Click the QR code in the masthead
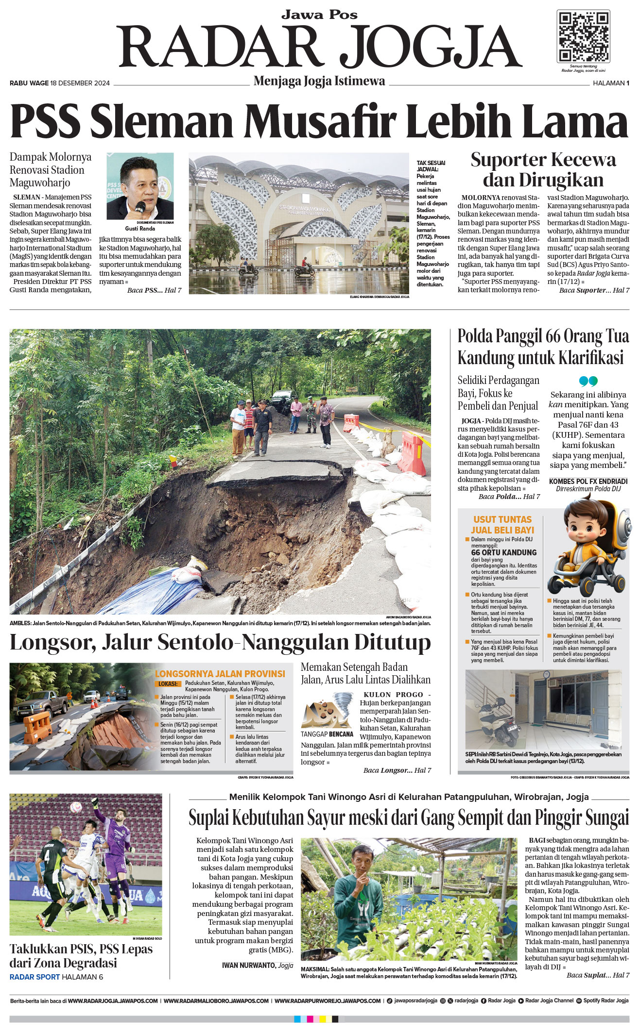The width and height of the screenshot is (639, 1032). pyautogui.click(x=583, y=37)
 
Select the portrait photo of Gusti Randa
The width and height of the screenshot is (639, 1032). pyautogui.click(x=140, y=186)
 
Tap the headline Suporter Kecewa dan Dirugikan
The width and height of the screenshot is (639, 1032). pyautogui.click(x=543, y=169)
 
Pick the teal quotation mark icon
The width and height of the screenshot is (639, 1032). pyautogui.click(x=588, y=381)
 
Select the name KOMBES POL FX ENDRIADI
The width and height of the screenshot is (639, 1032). pyautogui.click(x=588, y=481)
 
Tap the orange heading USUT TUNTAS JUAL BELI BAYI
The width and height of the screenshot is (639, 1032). pyautogui.click(x=502, y=525)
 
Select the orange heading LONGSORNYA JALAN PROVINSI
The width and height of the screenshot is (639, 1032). pyautogui.click(x=220, y=674)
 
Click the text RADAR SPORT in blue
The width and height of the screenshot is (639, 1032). pyautogui.click(x=35, y=977)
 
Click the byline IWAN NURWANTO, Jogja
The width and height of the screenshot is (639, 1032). pyautogui.click(x=257, y=965)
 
